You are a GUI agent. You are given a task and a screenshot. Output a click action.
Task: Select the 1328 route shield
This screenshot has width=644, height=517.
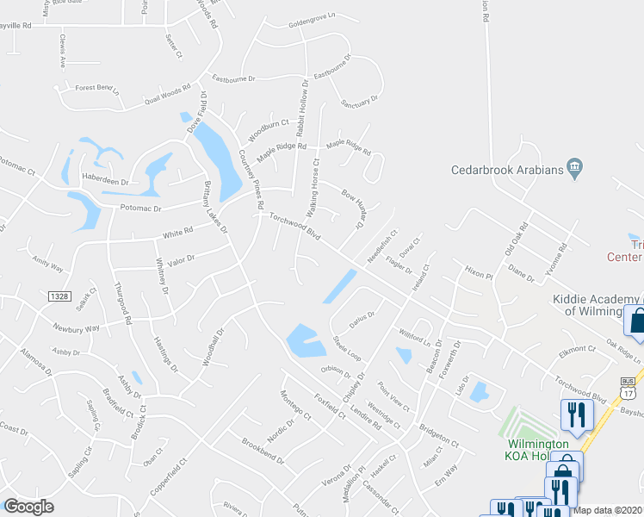[x=59, y=296]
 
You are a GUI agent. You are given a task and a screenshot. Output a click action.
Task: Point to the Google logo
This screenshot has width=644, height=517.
[x=28, y=507]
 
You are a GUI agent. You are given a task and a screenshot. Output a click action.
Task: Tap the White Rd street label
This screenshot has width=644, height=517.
[x=177, y=234]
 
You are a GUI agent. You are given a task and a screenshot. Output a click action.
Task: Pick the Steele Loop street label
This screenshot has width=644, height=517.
[x=346, y=348]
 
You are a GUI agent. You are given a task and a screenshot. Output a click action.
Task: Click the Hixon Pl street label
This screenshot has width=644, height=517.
[x=477, y=276]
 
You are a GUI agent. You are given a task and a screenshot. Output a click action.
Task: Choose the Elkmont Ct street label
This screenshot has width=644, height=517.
[x=577, y=350]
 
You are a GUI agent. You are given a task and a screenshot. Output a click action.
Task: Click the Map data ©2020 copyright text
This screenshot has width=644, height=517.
[x=608, y=510]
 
